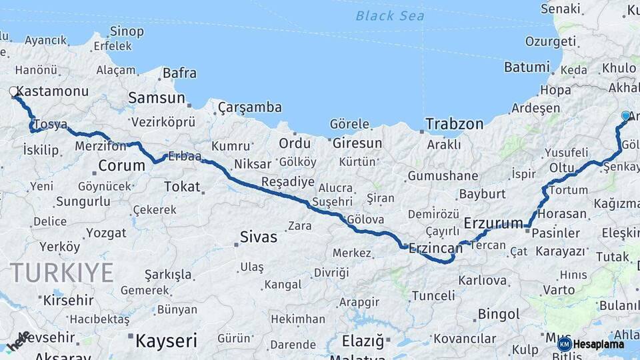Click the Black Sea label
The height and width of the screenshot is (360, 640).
(x=389, y=15)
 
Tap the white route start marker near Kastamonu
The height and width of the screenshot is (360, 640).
(x=13, y=92)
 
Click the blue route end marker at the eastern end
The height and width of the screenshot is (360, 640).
(x=625, y=116)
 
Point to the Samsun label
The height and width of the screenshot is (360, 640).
(x=156, y=98)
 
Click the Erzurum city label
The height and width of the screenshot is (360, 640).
(x=493, y=223)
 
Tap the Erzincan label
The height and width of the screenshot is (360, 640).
(x=435, y=248)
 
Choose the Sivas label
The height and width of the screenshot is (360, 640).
(x=258, y=237)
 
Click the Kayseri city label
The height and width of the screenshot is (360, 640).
(x=166, y=341)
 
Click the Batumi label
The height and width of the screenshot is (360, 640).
(x=527, y=67)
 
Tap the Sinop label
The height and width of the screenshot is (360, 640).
(x=127, y=31)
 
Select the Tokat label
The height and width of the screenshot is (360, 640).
(x=182, y=187)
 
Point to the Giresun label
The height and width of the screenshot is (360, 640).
(x=357, y=143)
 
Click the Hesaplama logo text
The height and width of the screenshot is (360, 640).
(x=599, y=344)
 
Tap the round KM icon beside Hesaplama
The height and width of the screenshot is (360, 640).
(x=565, y=344)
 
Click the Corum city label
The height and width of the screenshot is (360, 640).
(x=121, y=165)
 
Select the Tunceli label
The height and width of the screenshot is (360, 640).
(x=433, y=295)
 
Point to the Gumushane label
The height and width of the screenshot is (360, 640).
(x=443, y=176)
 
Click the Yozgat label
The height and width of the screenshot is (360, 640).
(x=106, y=233)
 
